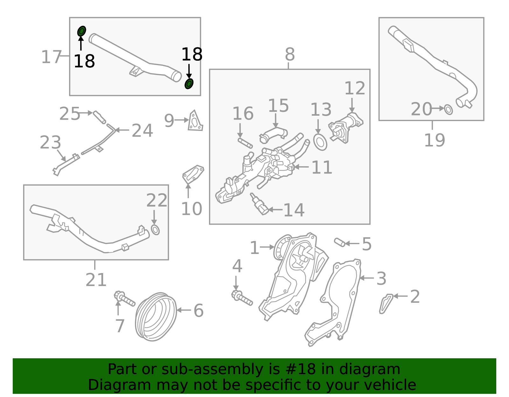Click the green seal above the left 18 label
click(x=82, y=31)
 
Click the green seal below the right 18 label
click(x=189, y=84)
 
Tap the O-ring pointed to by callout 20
click(x=448, y=109)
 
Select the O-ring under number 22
click(x=155, y=230)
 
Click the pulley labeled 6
click(x=156, y=317)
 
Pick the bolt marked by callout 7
click(x=124, y=298)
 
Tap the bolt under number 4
click(x=242, y=298)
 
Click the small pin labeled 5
click(x=340, y=243)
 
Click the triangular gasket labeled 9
click(x=195, y=121)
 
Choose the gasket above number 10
click(x=193, y=174)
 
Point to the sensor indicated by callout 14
click(x=259, y=204)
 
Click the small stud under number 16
click(x=245, y=143)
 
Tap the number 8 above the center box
click(x=290, y=54)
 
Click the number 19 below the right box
click(x=435, y=140)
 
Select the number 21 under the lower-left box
click(x=96, y=280)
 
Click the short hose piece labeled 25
click(x=99, y=117)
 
